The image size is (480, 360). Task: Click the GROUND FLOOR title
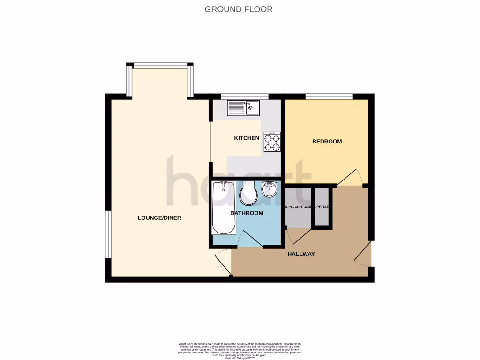coord(239,9)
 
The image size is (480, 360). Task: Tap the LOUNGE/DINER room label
coord(159,217)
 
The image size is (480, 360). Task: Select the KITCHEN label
coord(247,138)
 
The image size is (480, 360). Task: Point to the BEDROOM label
coord(327,141)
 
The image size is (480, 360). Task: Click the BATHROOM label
coord(247,213)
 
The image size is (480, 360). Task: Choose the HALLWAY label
coord(301,254)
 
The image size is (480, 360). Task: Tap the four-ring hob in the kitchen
coord(272,142)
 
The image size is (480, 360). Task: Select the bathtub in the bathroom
coord(223,208)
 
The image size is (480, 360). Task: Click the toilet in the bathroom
coord(248,194)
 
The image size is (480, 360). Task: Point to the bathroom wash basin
coord(269,189)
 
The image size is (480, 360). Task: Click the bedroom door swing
coord(351,177)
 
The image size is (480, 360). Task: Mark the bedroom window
coord(329,96)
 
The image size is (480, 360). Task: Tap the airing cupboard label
coord(298,207)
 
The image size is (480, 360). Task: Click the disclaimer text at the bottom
coord(240,350)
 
